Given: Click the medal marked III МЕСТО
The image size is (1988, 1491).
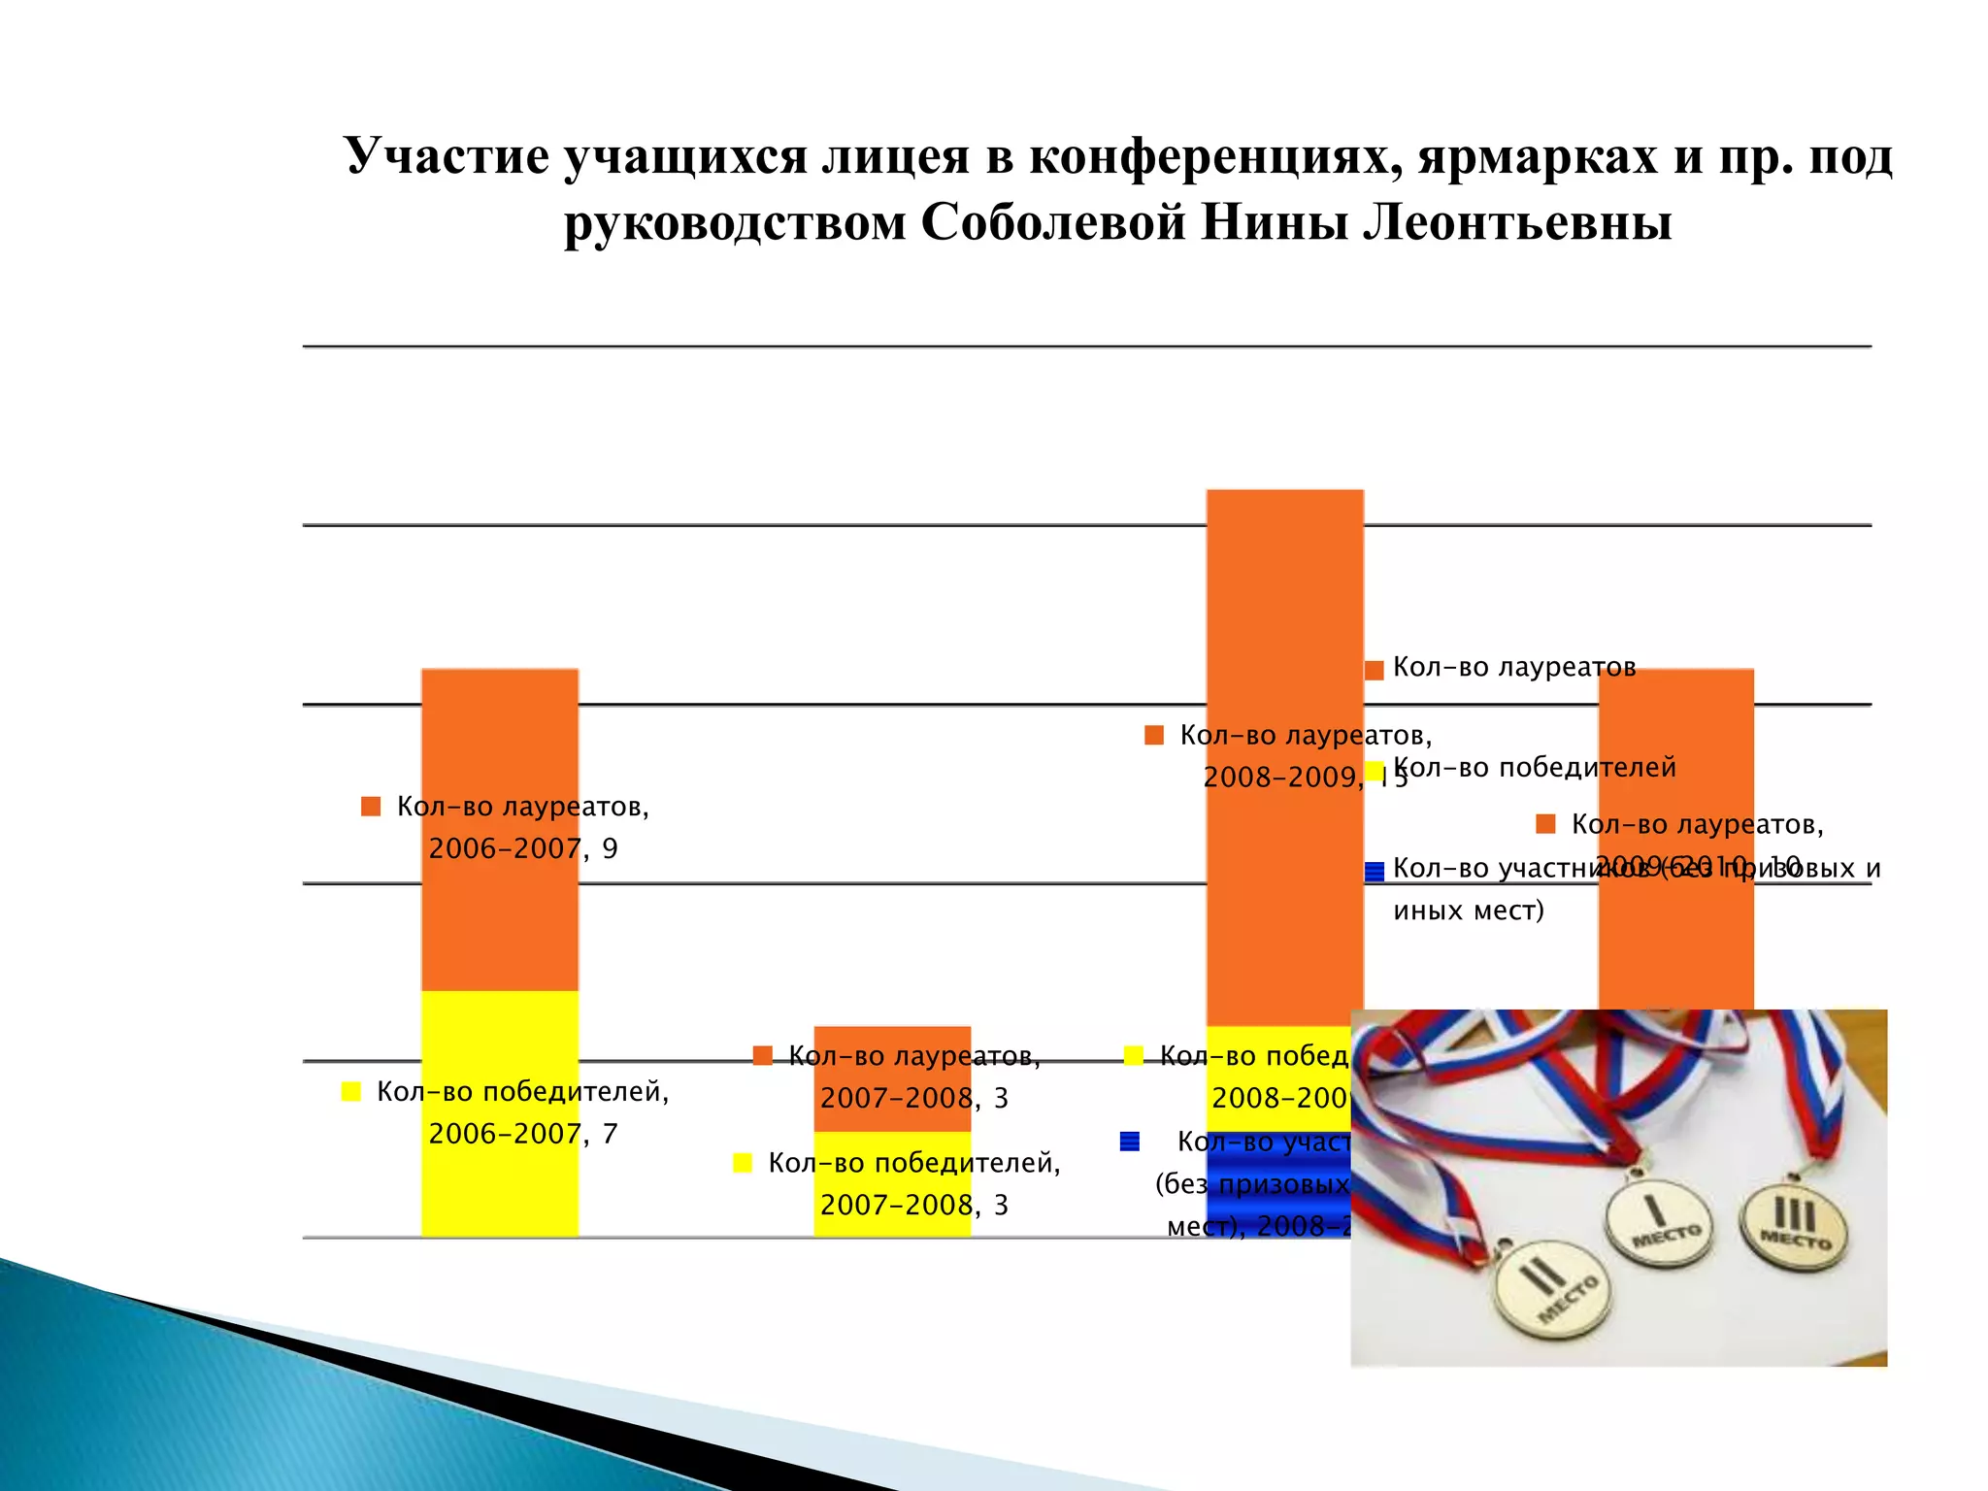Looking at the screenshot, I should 1794,1229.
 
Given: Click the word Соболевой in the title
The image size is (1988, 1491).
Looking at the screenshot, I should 1052,222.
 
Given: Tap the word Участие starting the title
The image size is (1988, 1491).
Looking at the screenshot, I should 446,156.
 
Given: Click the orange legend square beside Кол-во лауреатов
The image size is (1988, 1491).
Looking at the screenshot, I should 1375,671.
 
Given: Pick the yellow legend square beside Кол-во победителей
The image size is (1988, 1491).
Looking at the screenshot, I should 1375,772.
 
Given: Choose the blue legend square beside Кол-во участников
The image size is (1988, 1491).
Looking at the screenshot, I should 1375,872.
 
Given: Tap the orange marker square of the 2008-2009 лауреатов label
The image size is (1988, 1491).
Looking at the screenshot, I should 1154,736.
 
